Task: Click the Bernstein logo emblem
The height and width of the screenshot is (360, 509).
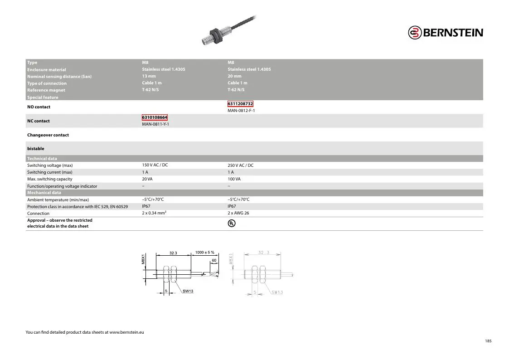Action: [415, 33]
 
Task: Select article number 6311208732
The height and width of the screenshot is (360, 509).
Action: [240, 104]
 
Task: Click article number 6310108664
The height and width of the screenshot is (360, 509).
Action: [155, 117]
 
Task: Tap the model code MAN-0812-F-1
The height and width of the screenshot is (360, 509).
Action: [241, 111]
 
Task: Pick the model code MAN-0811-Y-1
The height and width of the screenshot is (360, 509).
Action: [155, 124]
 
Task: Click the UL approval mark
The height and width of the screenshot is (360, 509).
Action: [232, 224]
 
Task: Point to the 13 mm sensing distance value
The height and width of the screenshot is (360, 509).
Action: [149, 76]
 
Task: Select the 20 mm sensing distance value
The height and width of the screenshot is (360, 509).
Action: [234, 76]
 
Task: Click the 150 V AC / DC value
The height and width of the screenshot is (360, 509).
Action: [155, 165]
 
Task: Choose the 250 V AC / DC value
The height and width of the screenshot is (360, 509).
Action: [241, 165]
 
